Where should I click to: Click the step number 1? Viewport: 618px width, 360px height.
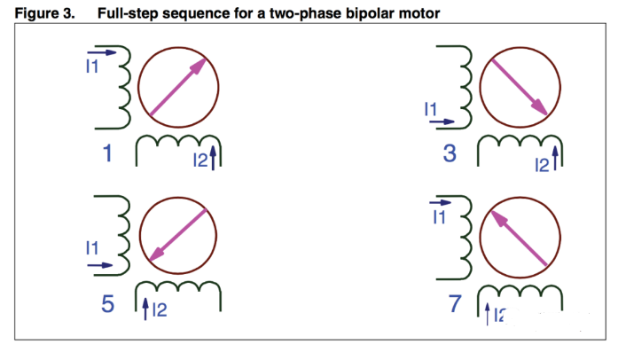(107, 154)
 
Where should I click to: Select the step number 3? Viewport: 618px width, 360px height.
(450, 153)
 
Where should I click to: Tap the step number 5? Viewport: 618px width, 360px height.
(107, 305)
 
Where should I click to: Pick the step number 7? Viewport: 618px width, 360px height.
(455, 305)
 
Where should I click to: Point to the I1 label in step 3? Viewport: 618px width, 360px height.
(432, 110)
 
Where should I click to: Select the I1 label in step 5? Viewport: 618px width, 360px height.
(92, 249)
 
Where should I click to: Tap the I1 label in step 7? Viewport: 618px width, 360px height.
(438, 218)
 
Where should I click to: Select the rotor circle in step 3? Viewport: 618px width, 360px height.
(519, 85)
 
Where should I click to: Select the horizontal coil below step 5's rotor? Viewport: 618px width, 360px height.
(178, 293)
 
